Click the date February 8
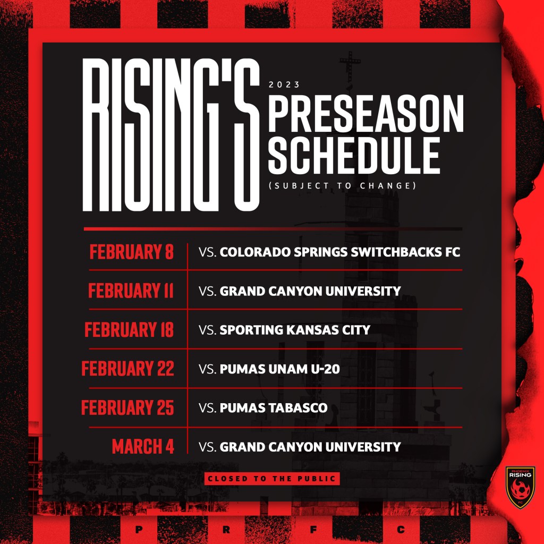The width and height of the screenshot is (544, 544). (132, 252)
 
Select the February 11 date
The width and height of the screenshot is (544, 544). (131, 291)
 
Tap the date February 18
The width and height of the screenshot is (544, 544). (129, 329)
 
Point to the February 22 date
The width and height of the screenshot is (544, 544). (127, 369)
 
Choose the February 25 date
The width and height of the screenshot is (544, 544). (127, 407)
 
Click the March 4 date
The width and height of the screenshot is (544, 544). (142, 446)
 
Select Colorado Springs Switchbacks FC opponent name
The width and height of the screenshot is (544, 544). (339, 252)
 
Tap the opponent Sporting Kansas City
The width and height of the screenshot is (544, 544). (295, 330)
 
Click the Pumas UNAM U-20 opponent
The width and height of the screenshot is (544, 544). (279, 369)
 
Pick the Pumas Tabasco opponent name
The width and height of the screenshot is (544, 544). (274, 407)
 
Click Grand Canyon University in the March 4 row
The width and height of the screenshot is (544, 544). (310, 447)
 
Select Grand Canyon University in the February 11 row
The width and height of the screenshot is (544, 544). (310, 291)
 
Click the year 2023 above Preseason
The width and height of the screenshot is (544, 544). (284, 84)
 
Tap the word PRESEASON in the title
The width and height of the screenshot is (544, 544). (366, 114)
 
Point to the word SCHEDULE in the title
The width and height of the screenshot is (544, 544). (354, 156)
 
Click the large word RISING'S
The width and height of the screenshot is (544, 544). (171, 134)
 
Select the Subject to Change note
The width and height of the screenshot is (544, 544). (343, 185)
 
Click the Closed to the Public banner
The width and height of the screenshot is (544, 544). (272, 479)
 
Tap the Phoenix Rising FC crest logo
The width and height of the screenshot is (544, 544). (520, 488)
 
